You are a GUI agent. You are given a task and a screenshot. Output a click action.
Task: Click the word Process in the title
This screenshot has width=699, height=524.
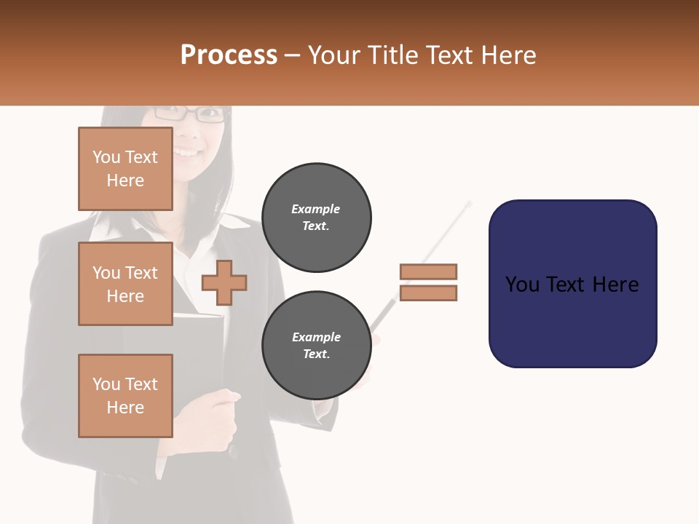click(229, 55)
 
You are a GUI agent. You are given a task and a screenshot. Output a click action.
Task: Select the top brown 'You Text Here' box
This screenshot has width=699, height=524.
click(125, 169)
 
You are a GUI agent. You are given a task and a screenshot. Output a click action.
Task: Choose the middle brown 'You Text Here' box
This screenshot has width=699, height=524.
click(125, 284)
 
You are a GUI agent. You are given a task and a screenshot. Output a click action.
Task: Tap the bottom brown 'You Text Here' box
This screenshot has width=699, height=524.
click(125, 396)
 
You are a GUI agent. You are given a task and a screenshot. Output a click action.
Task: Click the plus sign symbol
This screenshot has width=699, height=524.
click(224, 282)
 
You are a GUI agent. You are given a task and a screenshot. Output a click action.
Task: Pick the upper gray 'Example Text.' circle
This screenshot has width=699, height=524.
click(317, 218)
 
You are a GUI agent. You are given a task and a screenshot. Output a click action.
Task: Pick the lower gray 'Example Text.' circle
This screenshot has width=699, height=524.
click(317, 346)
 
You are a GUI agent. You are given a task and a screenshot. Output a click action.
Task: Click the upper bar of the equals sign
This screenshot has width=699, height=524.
click(428, 272)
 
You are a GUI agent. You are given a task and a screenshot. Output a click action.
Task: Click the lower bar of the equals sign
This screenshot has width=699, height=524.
click(428, 293)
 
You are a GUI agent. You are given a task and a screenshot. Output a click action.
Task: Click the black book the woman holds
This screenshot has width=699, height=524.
click(200, 349)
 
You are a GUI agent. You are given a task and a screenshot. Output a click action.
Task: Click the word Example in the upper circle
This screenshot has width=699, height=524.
click(315, 209)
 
